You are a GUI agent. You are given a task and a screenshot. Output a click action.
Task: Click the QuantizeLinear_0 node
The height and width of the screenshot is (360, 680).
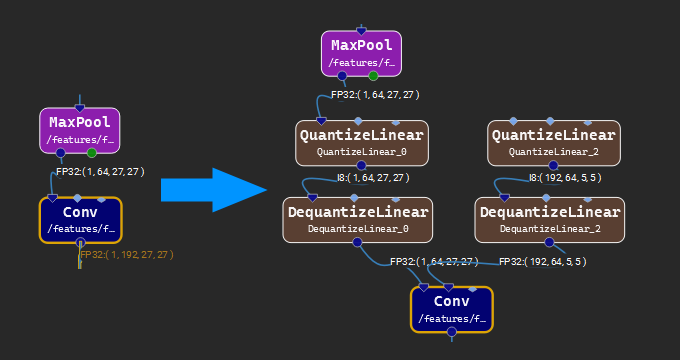361,143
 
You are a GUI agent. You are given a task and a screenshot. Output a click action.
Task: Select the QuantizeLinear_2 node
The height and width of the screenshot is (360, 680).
553,143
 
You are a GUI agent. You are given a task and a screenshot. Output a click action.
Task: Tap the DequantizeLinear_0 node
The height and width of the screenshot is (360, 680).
358,219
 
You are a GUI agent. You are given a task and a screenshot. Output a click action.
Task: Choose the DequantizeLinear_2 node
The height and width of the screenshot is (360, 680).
550,219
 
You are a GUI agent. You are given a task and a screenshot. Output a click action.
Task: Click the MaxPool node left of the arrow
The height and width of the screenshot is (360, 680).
80,130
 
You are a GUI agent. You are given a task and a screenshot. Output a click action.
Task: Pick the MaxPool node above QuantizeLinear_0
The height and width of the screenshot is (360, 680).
361,53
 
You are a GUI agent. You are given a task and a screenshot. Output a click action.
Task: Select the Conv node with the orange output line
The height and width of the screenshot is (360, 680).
80,219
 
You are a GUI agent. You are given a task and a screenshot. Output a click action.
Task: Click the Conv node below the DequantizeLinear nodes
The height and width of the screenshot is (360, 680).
451,309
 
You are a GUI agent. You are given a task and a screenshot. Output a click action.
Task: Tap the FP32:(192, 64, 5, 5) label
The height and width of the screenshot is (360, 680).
541,261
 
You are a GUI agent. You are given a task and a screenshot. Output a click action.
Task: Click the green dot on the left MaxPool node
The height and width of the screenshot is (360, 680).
92,153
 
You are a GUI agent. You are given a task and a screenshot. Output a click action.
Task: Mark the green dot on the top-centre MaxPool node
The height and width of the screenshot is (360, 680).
373,75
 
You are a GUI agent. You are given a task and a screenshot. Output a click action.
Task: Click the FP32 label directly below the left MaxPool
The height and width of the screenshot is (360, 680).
100,172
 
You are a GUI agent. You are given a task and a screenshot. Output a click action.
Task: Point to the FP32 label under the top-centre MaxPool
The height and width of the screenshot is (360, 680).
375,95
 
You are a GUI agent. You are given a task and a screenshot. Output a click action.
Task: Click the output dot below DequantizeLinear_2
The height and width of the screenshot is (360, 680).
547,241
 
